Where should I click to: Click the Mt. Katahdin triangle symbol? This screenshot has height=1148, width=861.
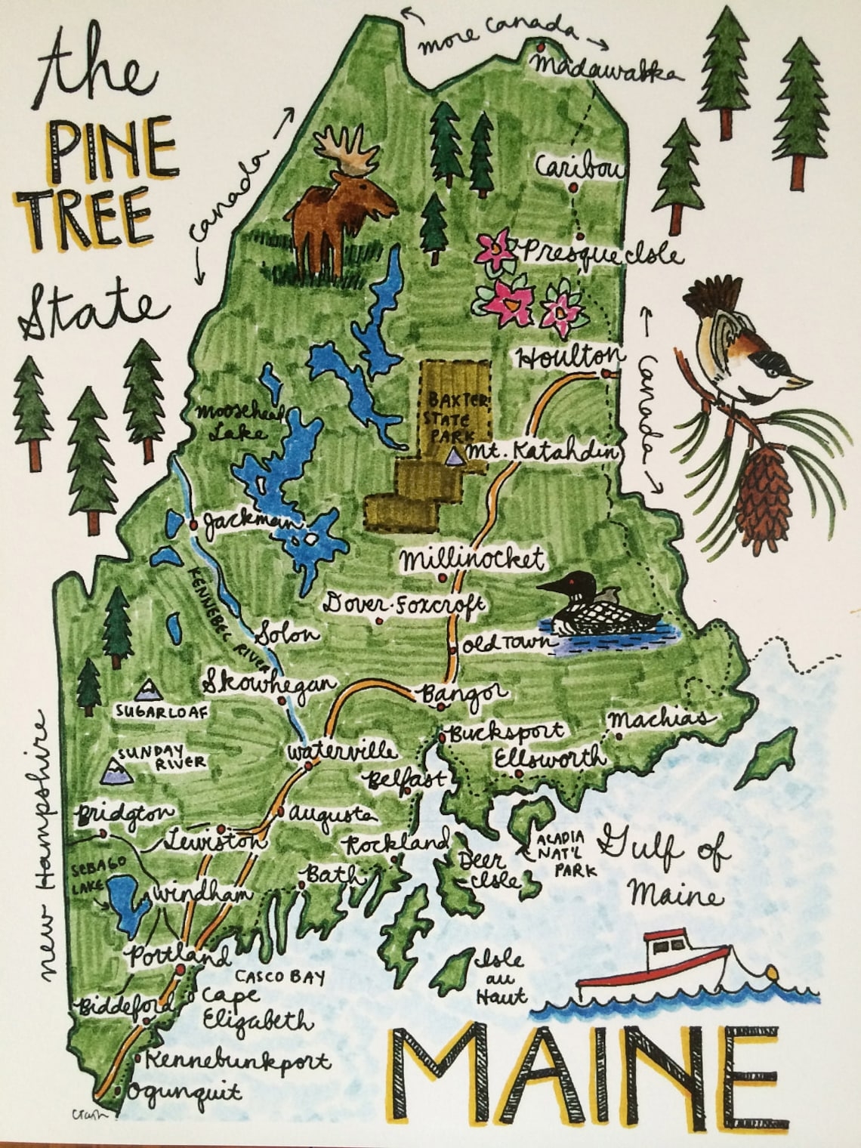point(453,457)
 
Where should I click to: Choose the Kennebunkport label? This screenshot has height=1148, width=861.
point(237,1060)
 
